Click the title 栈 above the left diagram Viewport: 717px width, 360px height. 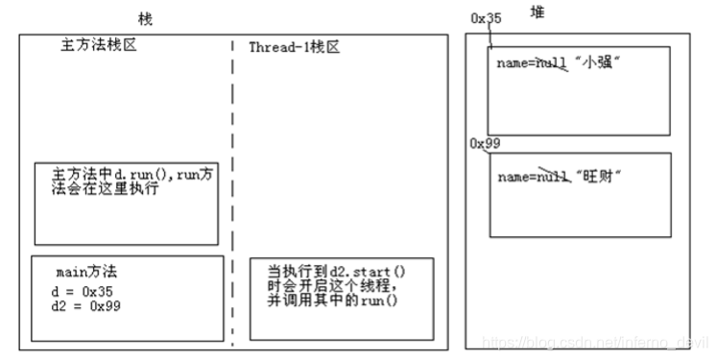click(144, 18)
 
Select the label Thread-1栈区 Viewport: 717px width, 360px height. click(294, 47)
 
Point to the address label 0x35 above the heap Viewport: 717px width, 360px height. click(486, 17)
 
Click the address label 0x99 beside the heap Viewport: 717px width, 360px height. click(484, 143)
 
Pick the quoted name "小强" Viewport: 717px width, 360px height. click(600, 62)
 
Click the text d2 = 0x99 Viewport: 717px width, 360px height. click(84, 305)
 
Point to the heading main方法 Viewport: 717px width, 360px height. click(86, 273)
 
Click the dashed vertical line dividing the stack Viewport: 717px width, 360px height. click(232, 192)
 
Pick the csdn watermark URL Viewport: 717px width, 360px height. click(595, 341)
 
